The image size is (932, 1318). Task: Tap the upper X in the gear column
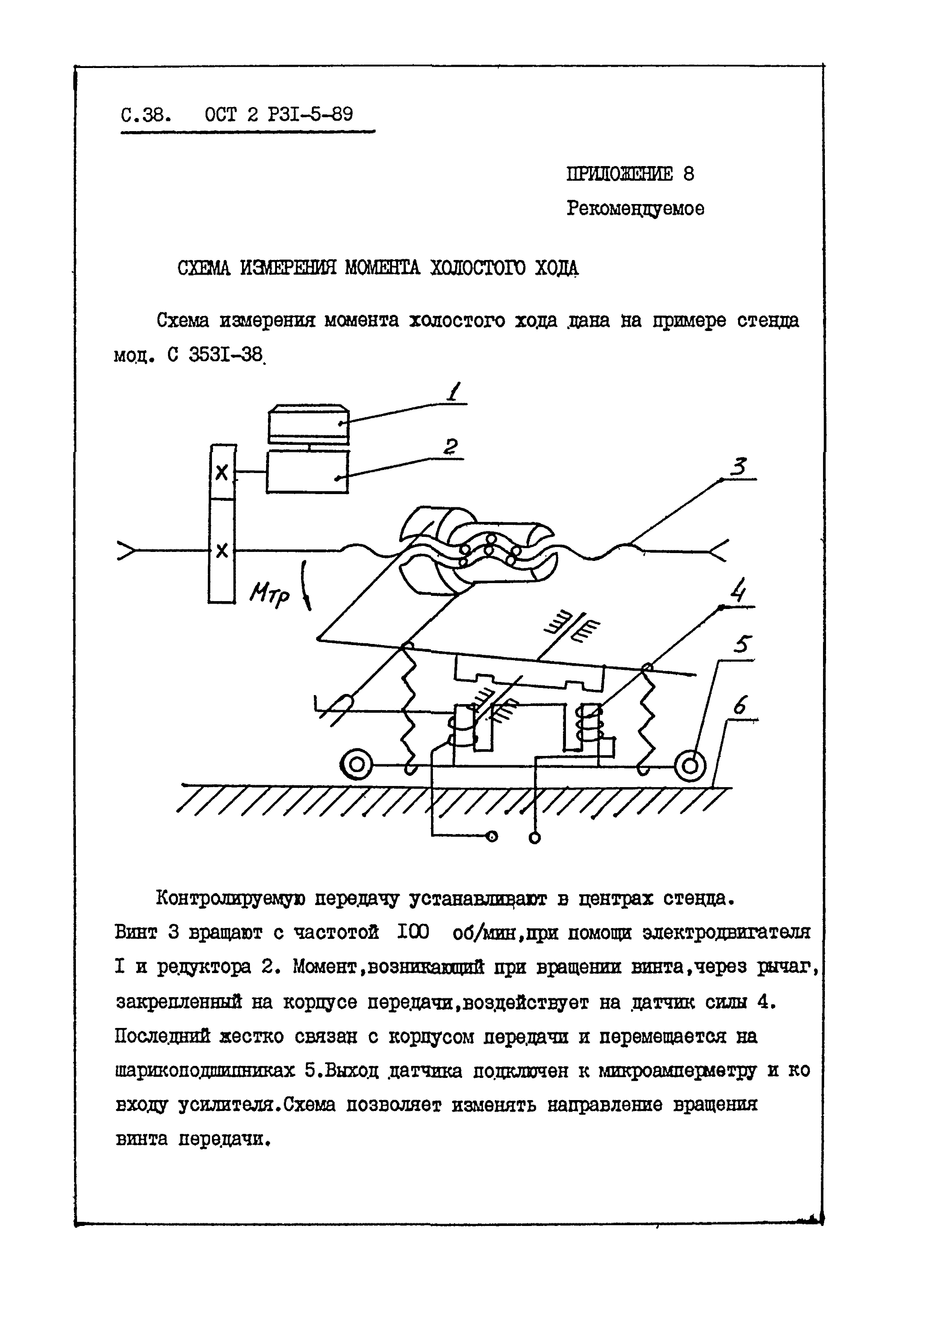[222, 473]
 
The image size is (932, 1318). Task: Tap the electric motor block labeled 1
[309, 425]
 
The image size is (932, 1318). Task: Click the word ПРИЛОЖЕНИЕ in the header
[620, 174]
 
